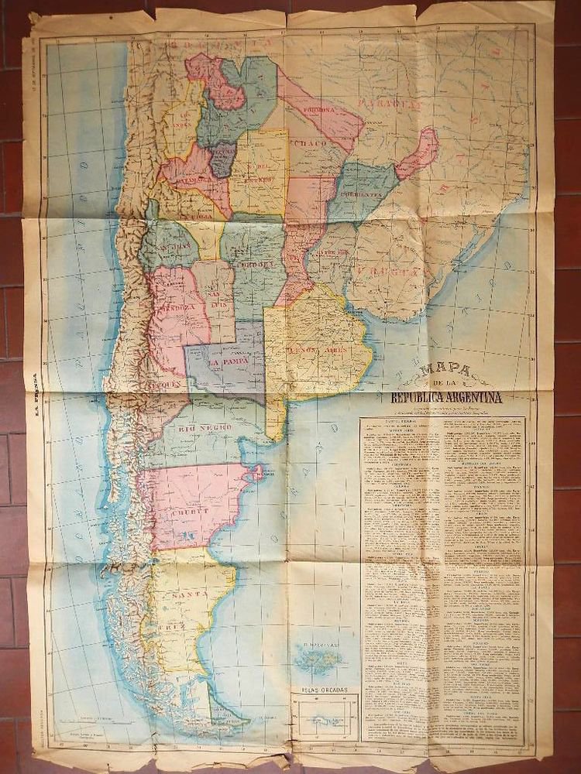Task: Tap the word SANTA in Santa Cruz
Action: pos(188,594)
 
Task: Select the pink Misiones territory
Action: pos(419,152)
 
